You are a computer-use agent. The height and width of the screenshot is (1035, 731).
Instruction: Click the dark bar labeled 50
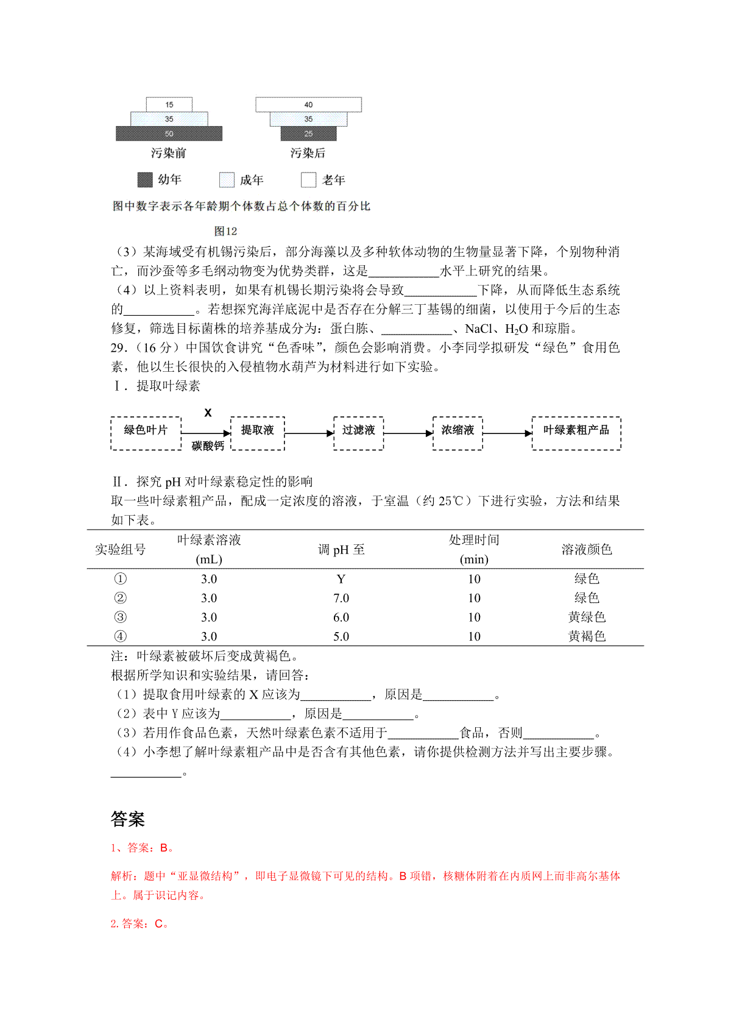point(169,133)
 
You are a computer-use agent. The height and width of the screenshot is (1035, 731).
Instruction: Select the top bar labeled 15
point(169,105)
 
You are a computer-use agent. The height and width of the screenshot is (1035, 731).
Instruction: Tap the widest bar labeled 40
point(308,105)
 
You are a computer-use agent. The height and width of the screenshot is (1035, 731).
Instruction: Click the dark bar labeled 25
point(308,133)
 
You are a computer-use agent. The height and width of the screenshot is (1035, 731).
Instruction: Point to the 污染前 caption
point(169,153)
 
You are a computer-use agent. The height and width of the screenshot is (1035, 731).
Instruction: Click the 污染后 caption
point(308,153)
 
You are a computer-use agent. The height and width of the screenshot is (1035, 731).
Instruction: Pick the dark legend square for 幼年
point(144,180)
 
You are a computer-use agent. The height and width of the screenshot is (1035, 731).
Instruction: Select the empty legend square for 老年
point(309,180)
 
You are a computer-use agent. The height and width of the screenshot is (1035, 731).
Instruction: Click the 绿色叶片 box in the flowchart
point(146,433)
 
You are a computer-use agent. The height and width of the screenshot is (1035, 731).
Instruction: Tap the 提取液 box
point(258,433)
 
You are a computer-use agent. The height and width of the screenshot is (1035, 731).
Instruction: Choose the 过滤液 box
point(358,433)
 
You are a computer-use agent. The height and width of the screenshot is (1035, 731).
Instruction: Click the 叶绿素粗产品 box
point(576,433)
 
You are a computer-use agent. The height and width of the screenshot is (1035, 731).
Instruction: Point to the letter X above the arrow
point(208,413)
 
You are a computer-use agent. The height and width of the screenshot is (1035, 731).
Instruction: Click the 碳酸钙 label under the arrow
point(208,446)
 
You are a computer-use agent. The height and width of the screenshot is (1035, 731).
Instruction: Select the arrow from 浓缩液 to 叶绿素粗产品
point(507,433)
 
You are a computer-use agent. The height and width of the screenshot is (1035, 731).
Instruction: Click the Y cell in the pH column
point(341,579)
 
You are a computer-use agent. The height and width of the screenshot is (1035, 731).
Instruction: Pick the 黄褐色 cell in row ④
point(587,636)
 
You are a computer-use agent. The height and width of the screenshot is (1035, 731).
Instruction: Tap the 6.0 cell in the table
point(341,617)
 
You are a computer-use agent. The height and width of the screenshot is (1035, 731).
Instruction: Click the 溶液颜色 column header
point(587,550)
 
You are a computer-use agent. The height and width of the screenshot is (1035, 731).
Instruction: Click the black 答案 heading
point(128,819)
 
